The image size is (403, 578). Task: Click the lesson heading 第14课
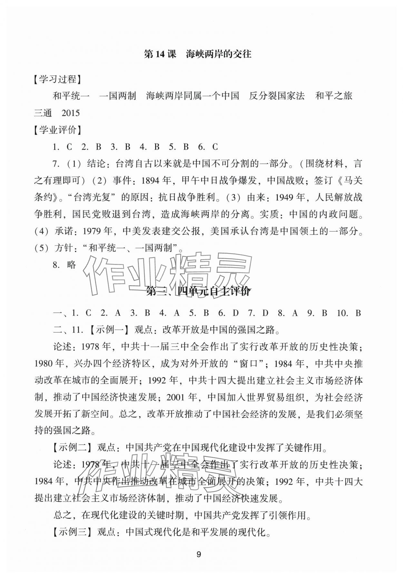pos(160,54)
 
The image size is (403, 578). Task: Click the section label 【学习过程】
pos(57,79)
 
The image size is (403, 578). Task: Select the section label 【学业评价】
pos(57,130)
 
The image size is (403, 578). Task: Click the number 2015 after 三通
pos(70,113)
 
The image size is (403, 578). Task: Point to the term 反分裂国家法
pos(277,96)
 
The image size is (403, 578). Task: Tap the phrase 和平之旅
pos(334,96)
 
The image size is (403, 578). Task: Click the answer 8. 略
pos(64,265)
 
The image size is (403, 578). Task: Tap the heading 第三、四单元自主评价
pos(198,291)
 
